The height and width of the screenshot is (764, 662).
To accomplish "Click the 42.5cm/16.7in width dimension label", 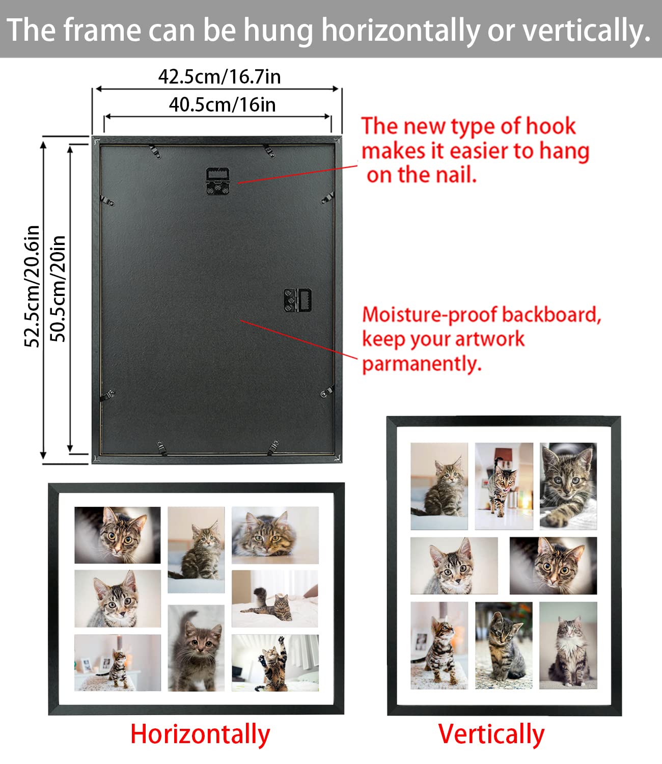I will pos(219,77).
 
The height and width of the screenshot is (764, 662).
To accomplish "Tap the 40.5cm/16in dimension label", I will pos(222,105).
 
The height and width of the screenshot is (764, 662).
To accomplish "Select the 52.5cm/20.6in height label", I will pos(32,286).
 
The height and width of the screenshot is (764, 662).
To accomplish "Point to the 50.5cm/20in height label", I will pos(58,289).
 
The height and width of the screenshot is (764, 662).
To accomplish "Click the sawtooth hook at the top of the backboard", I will pos(218,181).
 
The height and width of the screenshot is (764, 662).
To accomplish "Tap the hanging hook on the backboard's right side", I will pos(298,300).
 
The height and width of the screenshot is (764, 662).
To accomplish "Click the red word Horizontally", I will pos(200,734).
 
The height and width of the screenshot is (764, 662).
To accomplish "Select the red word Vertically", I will pos(491,734).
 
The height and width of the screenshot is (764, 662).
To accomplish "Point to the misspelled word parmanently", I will pos(421,364).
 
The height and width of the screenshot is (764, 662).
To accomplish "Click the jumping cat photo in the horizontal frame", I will pos(275,663).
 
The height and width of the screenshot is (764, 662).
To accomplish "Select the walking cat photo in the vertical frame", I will pos(504,486).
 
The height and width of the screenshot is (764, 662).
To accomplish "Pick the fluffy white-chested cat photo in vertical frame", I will pos(568,645).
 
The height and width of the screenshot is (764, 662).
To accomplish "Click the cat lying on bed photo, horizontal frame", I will pos(275,598).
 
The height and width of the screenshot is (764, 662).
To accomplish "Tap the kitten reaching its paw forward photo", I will pos(568,486).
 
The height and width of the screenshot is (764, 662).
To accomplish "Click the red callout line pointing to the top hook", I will pos(298,174).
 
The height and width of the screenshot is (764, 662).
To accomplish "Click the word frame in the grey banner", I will pos(101,31).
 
